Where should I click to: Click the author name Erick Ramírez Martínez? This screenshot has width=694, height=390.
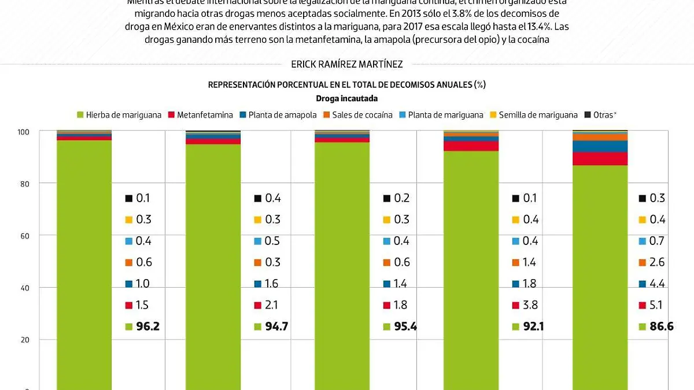[x=346, y=65]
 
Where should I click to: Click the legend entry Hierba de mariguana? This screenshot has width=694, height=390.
[x=119, y=115]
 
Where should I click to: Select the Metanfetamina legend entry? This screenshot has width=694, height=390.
[x=200, y=115]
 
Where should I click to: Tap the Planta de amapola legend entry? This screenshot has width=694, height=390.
[x=278, y=115]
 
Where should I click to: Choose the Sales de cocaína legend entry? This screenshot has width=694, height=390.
[x=357, y=115]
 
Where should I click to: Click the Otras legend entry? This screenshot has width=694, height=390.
[x=605, y=115]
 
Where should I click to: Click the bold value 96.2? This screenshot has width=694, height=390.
[x=147, y=326]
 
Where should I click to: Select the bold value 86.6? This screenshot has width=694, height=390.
[x=662, y=326]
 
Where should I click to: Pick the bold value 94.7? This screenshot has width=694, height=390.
[x=276, y=326]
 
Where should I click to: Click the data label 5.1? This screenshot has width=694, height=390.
[x=657, y=305]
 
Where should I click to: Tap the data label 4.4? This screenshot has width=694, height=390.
[x=657, y=284]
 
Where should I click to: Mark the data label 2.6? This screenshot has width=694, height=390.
[x=657, y=262]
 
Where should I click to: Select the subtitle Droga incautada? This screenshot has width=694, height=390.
[x=346, y=99]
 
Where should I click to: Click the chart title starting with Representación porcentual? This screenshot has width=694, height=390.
[x=346, y=85]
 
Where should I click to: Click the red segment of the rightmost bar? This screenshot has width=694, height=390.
[x=600, y=159]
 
